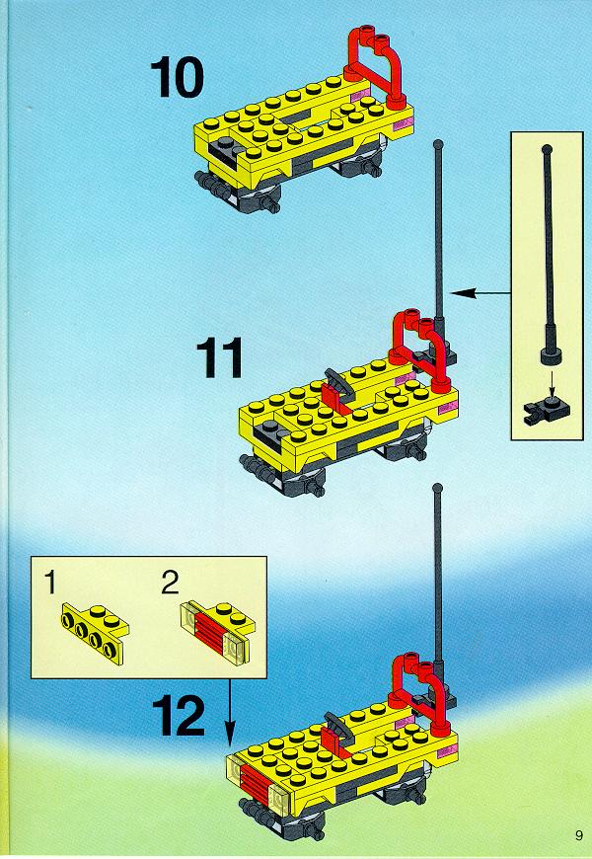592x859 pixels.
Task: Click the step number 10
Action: click(177, 79)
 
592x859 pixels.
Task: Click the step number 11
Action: click(220, 357)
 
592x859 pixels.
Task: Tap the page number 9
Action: click(579, 835)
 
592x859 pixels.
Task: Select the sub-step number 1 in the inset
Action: click(50, 582)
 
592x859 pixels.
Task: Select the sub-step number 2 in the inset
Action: click(170, 582)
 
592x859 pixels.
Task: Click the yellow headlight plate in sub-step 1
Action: click(96, 633)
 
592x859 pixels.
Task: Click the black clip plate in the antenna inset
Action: click(546, 412)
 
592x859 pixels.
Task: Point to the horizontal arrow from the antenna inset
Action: click(481, 293)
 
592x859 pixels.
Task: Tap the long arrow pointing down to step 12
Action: click(230, 712)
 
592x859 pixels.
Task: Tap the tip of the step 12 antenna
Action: click(437, 487)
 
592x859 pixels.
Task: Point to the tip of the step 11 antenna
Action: click(437, 144)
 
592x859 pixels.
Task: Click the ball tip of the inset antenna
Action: click(547, 149)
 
